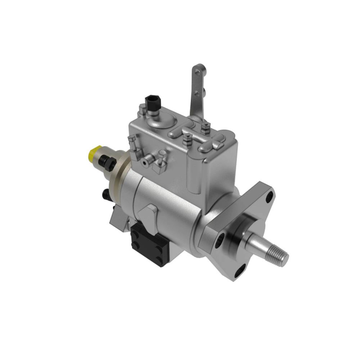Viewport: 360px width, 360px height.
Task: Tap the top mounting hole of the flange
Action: click(x=263, y=193)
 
